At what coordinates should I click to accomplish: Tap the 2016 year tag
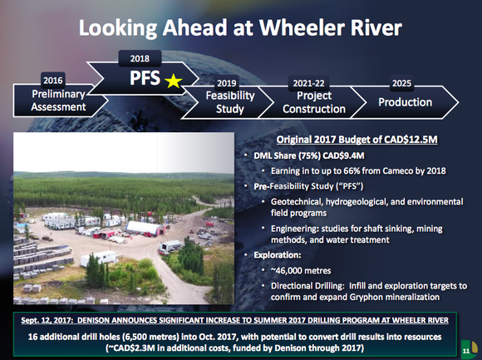pyautogui.click(x=52, y=80)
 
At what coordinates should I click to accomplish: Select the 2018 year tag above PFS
pyautogui.click(x=140, y=59)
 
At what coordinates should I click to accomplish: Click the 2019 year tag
pyautogui.click(x=226, y=84)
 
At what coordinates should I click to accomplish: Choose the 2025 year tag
pyautogui.click(x=402, y=84)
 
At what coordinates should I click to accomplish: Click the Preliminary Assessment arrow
pyautogui.click(x=52, y=101)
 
